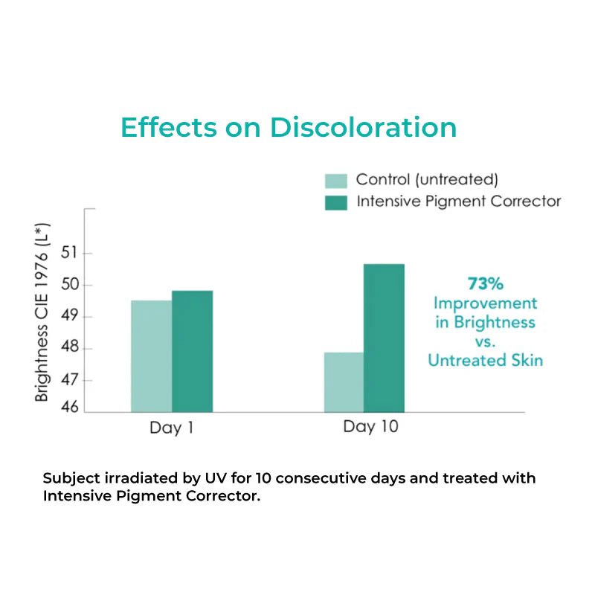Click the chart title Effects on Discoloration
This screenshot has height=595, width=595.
pos(289,127)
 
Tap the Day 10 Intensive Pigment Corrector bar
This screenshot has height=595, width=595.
pos(384,338)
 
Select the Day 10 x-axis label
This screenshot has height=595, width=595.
pos(370,427)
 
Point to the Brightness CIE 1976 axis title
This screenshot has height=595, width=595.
pos(42,312)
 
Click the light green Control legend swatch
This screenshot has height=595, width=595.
pos(336,181)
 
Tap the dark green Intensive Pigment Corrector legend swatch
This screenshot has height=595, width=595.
pos(336,202)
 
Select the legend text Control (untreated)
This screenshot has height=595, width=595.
pos(427,180)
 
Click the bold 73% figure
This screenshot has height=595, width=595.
pos(485,283)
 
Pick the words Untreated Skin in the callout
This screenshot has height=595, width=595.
pos(485,360)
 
